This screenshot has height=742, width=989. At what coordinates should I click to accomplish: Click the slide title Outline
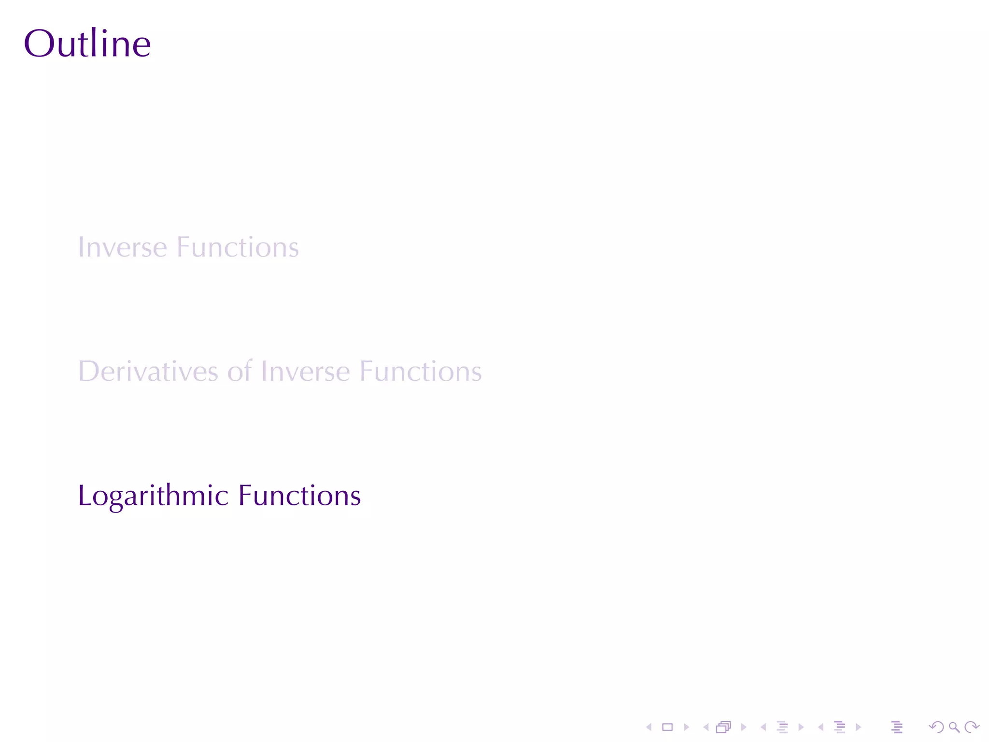tap(87, 43)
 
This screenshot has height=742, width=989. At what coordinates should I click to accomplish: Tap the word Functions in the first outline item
tap(238, 247)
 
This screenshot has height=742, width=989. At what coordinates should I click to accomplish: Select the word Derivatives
tap(148, 371)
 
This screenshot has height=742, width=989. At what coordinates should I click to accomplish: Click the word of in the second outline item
tap(240, 371)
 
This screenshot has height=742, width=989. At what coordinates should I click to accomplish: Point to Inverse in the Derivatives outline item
tap(305, 371)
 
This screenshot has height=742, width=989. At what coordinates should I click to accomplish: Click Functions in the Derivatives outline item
tap(421, 371)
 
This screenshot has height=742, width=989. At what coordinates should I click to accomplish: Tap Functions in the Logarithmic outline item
tap(299, 496)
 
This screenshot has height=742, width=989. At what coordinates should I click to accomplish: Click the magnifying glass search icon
tap(954, 727)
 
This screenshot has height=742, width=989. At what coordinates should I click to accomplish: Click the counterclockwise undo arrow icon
tap(936, 727)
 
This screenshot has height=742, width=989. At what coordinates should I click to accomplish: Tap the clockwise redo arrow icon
tap(972, 727)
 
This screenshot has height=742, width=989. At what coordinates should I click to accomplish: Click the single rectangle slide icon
tap(667, 727)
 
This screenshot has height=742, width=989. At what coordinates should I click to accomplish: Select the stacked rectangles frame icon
tap(723, 727)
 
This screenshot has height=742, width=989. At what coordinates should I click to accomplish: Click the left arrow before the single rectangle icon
tap(649, 727)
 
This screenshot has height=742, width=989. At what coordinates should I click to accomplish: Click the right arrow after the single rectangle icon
tap(686, 727)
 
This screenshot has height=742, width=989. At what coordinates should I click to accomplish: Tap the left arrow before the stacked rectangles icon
tap(706, 727)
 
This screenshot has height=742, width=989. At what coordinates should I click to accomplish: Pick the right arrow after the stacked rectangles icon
tap(744, 727)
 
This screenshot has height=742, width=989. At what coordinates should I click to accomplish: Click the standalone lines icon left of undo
tap(897, 727)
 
